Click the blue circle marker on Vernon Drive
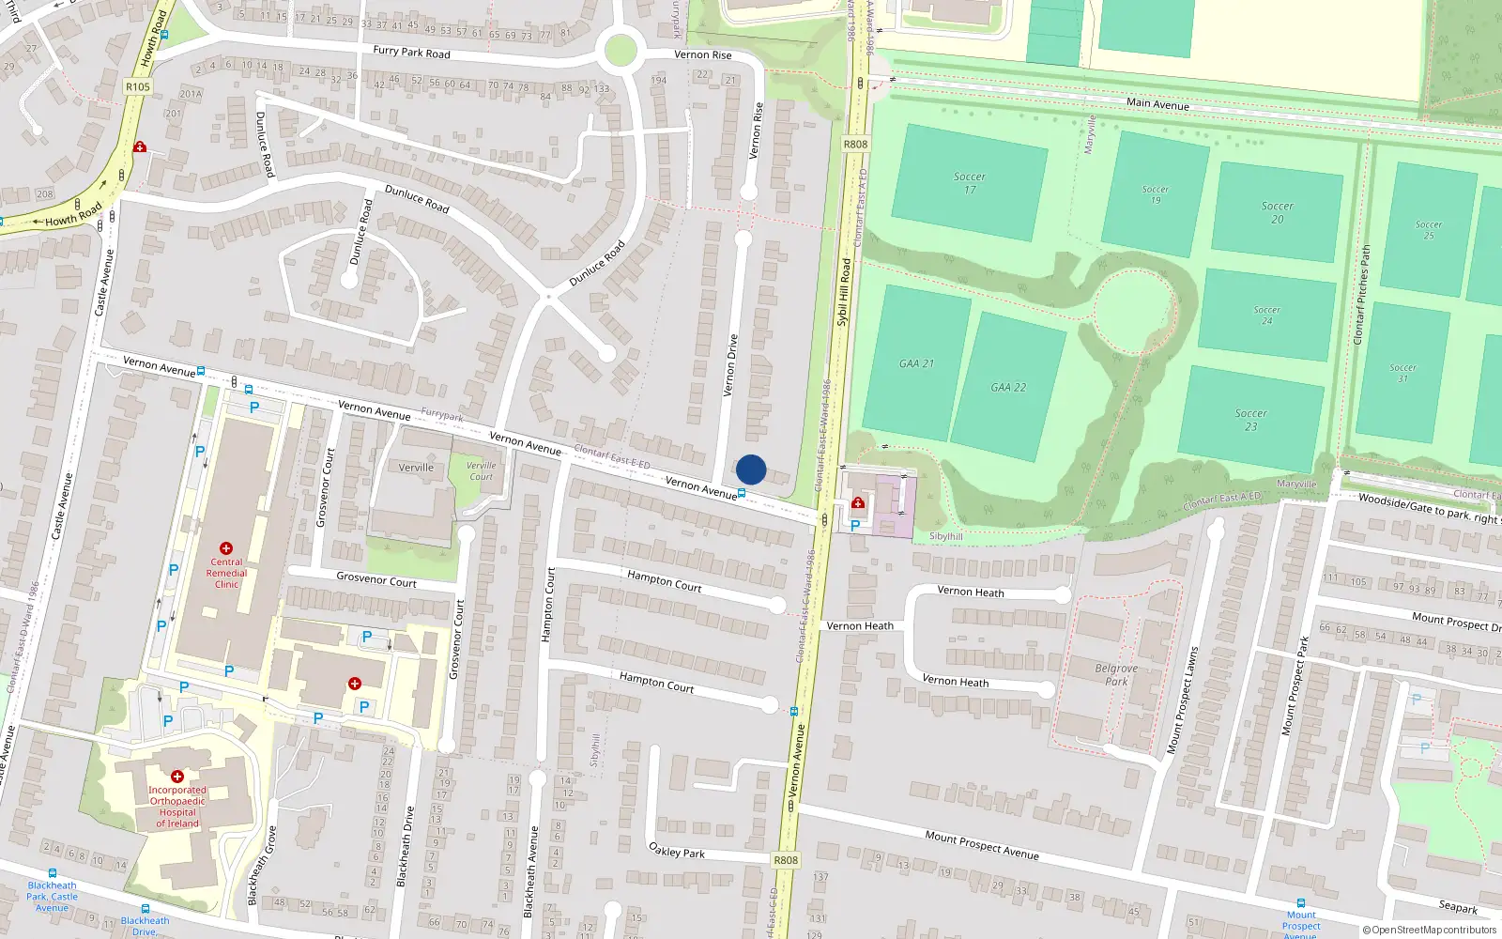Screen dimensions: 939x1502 [x=751, y=469]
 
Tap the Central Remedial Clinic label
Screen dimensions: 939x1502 [x=226, y=573]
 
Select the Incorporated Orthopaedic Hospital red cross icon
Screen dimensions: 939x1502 [x=177, y=777]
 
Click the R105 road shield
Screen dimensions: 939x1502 [x=137, y=86]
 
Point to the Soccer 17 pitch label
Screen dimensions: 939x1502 [x=970, y=183]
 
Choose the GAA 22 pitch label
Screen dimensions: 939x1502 [x=1008, y=387]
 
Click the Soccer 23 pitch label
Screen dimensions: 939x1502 [x=1250, y=420]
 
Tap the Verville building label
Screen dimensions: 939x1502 [x=416, y=468]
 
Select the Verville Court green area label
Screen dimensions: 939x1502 [x=482, y=470]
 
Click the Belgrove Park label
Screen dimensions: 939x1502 [x=1116, y=675]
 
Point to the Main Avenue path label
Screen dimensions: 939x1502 [x=1157, y=104]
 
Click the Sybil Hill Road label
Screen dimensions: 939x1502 [x=843, y=292]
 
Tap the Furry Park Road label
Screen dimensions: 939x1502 [x=411, y=53]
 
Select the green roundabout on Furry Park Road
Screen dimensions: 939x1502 [x=621, y=51]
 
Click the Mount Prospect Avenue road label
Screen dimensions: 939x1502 [x=981, y=845]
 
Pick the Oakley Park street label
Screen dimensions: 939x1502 [x=677, y=851]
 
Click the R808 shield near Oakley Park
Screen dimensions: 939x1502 [x=786, y=860]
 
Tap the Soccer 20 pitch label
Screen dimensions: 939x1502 [x=1277, y=212]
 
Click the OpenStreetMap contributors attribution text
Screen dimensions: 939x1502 [x=1429, y=930]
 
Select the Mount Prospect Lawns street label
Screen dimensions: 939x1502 [x=1182, y=700]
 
